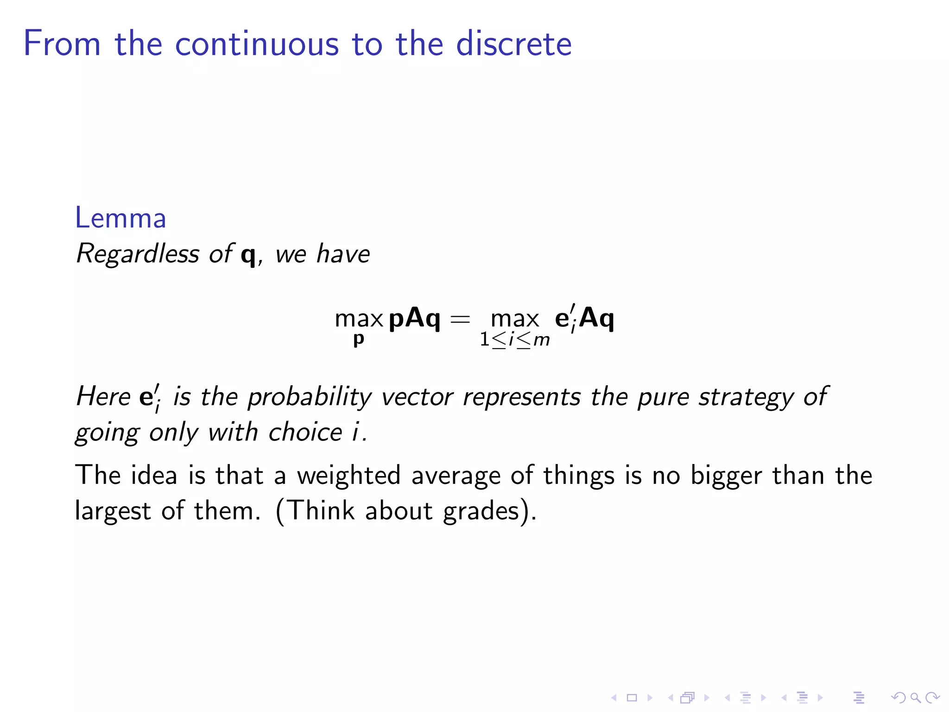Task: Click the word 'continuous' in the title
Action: (257, 44)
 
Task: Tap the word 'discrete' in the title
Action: (514, 44)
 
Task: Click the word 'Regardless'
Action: (138, 254)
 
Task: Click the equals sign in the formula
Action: (460, 319)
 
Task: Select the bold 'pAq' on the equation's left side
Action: (414, 319)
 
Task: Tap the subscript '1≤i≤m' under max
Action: (514, 340)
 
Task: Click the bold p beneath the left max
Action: (359, 339)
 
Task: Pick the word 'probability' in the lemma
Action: (310, 398)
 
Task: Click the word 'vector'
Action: (417, 397)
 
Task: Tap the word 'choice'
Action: (305, 432)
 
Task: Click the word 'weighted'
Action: (348, 476)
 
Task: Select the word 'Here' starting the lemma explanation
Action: (103, 397)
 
